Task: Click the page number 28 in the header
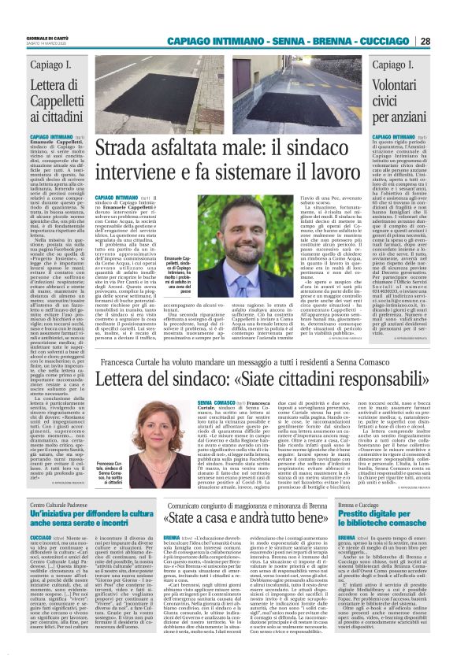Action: coord(424,41)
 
